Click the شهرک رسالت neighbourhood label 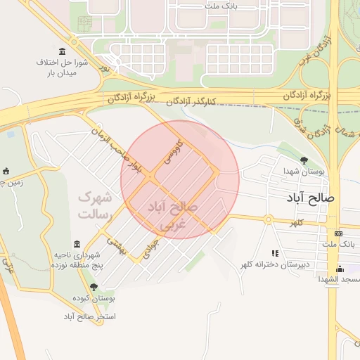94,204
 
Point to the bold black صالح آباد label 311,198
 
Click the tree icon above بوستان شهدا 303,160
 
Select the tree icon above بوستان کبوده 94,287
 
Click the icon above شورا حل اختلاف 63,51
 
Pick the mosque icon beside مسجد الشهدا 340,269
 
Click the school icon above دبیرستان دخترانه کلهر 275,253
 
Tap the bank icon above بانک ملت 339,233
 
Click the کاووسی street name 172,150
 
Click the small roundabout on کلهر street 267,219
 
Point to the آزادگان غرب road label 309,56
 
